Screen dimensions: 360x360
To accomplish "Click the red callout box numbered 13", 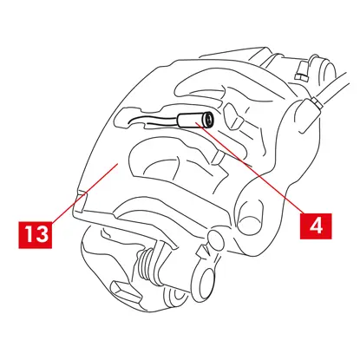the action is coord(36,234).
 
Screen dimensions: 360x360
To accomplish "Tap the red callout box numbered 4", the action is coord(316,226).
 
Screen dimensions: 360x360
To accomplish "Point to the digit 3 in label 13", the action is coord(43,234).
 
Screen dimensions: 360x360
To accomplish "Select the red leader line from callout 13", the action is coord(85,193).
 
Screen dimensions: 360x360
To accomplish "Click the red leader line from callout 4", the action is coord(250,167).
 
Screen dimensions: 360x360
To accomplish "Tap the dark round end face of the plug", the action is coord(207,120).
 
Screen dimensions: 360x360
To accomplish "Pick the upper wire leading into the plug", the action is coord(153,118).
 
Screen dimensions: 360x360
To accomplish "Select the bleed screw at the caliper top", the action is coord(302,70).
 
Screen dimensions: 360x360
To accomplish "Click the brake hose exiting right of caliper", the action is coord(336,87).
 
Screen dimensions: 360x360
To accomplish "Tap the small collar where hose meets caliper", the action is coord(317,103).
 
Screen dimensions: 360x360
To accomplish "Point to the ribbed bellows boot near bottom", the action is coord(147,265).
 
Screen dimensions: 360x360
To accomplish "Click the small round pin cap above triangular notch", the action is coord(215,239).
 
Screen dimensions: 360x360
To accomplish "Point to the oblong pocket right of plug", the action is coord(233,116).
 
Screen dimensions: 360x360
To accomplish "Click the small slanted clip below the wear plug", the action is coord(219,157).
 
